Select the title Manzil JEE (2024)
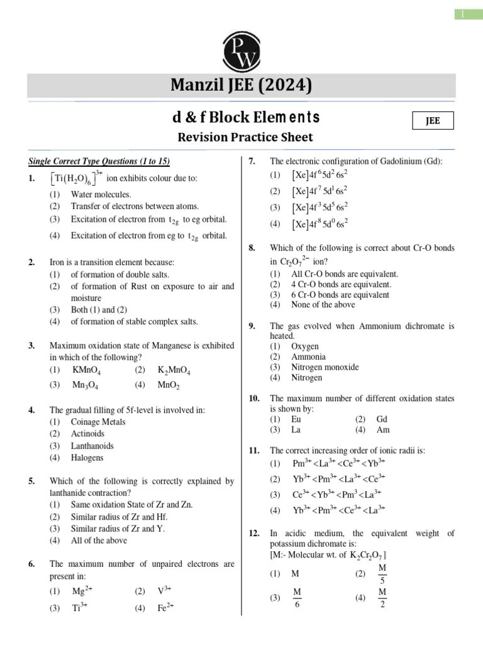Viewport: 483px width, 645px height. point(241,84)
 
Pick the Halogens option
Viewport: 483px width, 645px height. point(88,458)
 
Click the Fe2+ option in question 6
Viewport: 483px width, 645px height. point(165,608)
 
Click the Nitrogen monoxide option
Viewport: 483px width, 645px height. point(325,367)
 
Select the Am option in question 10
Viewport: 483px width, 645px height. point(382,430)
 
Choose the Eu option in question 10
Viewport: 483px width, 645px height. point(296,419)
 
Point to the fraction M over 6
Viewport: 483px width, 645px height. point(297,598)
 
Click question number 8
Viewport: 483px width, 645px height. point(252,248)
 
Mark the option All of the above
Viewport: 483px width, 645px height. point(99,540)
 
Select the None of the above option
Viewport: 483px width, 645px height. point(323,305)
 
